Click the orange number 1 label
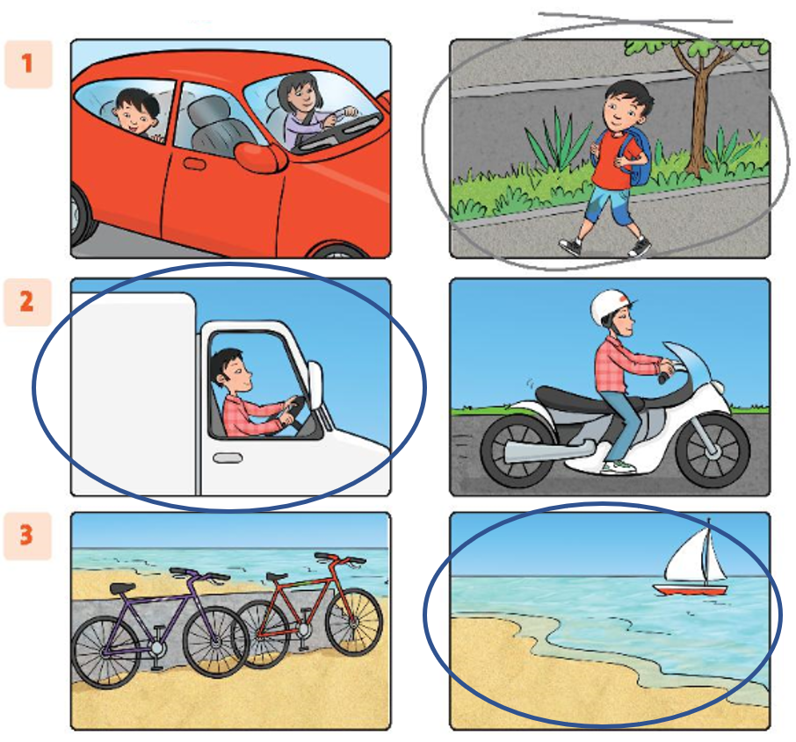coord(27,64)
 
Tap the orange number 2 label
coord(27,301)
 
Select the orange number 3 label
coord(27,536)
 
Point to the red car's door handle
coord(194,164)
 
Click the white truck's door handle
coord(228,458)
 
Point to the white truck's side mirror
coord(315,385)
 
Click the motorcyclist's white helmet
coord(612,308)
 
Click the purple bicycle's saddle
coord(122,588)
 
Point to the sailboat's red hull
coord(691,590)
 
